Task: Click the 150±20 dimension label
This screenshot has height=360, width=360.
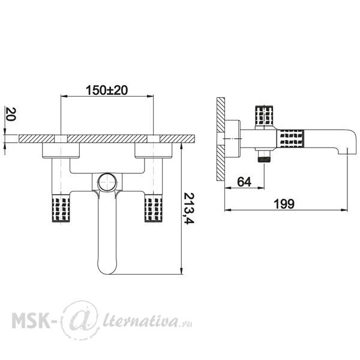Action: [x=107, y=90]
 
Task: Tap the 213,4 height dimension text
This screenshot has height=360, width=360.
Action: [x=189, y=208]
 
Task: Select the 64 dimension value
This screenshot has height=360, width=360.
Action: [x=244, y=182]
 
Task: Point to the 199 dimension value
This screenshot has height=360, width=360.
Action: [x=284, y=203]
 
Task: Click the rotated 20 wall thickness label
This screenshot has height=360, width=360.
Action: [x=10, y=114]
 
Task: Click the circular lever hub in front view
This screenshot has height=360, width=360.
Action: [x=107, y=182]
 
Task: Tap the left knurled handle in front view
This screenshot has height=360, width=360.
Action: [x=61, y=208]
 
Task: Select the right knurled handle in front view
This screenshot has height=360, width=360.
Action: [x=154, y=208]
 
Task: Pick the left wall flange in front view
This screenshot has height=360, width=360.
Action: [x=61, y=150]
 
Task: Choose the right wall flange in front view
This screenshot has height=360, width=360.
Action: [x=154, y=150]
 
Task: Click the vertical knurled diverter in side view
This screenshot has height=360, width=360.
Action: [x=264, y=115]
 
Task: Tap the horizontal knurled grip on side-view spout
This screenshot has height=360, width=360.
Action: [x=291, y=139]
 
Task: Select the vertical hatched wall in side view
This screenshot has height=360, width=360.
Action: [x=221, y=139]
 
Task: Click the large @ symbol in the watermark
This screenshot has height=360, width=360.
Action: [x=80, y=320]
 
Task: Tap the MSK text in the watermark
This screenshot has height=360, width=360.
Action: [x=31, y=320]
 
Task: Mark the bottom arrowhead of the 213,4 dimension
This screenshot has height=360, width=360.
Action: [x=181, y=271]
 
